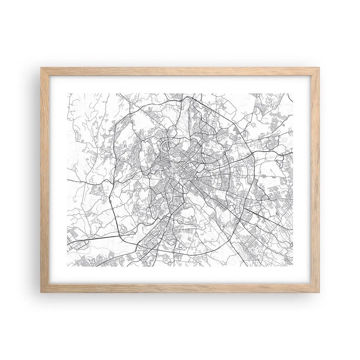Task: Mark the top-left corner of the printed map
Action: tap(67, 93)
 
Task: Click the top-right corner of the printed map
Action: tap(292, 93)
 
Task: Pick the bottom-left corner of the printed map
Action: tap(67, 266)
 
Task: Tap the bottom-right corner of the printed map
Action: tap(292, 266)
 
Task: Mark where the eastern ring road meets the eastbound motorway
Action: tap(253, 154)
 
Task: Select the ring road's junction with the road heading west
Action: tap(112, 182)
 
